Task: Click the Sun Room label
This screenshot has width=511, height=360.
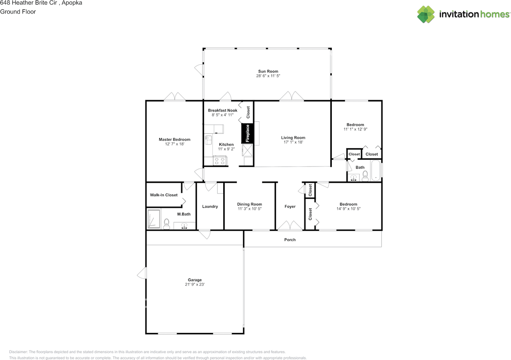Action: (268, 71)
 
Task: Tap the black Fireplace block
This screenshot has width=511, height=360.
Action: (247, 133)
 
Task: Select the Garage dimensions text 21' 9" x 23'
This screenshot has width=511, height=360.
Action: (194, 284)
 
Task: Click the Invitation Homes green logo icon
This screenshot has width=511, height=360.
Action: (426, 14)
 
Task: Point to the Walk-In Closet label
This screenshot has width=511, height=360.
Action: (164, 195)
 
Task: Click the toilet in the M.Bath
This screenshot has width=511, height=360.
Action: (166, 224)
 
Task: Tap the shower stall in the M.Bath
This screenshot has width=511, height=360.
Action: (154, 219)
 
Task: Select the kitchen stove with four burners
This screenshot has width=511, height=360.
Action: (220, 160)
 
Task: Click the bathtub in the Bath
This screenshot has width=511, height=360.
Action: (376, 170)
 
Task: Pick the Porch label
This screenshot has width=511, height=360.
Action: (290, 239)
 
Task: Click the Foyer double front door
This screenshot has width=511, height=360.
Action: (290, 225)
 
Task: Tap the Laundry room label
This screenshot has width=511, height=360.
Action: (210, 206)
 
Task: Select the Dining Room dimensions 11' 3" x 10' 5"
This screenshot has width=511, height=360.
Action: (250, 208)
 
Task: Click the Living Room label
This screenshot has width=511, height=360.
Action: (293, 138)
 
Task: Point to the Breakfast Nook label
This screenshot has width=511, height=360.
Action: (222, 110)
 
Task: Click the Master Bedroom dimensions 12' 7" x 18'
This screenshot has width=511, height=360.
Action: (174, 144)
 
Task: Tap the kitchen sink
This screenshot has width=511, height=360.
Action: (208, 140)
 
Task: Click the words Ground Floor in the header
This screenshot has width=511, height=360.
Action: (18, 12)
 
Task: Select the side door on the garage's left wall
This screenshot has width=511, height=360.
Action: (142, 273)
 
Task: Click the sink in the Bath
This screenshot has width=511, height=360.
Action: (353, 178)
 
